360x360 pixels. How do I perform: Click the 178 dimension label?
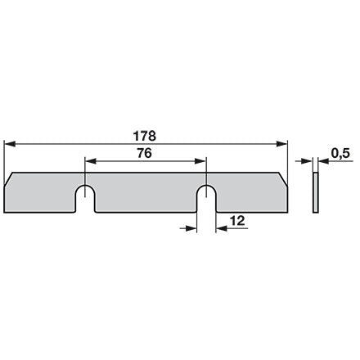(x=145, y=136)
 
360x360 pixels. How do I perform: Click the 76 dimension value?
(x=145, y=153)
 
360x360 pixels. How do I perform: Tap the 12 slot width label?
(x=237, y=221)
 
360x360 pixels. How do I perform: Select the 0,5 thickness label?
(x=340, y=153)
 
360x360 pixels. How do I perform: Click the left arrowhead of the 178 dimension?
(x=10, y=144)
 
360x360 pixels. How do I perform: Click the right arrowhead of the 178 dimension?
(x=282, y=144)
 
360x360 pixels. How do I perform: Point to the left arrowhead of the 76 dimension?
(x=91, y=161)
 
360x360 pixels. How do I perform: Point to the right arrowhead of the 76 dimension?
(x=200, y=161)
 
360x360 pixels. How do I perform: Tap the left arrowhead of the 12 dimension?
(x=191, y=228)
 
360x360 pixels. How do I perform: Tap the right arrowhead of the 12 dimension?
(x=222, y=228)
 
